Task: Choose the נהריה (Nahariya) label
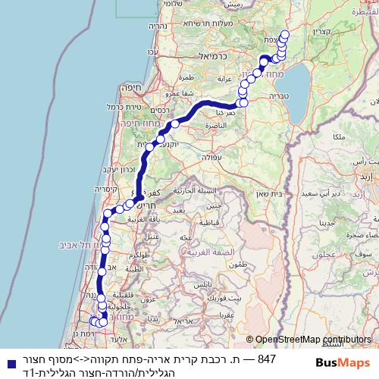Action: pos(158,27)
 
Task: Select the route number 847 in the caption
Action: pos(267,358)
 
